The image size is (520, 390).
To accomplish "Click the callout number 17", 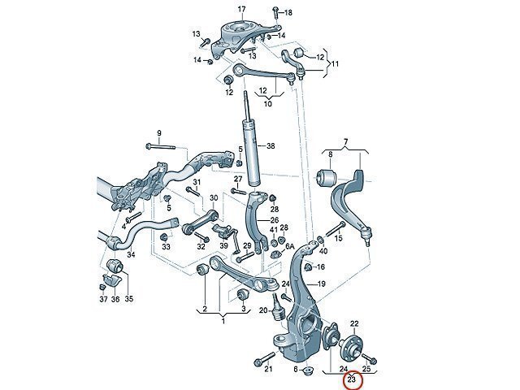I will coord(241,9).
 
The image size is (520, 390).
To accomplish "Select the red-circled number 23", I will coord(352,379).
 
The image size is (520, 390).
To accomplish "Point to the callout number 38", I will coord(271,146).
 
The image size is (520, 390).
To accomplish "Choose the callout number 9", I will coord(159,133).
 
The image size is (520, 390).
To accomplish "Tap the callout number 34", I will coord(131,254).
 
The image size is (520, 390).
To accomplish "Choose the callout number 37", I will coord(103,299).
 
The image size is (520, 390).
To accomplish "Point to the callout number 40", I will coord(323,251).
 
